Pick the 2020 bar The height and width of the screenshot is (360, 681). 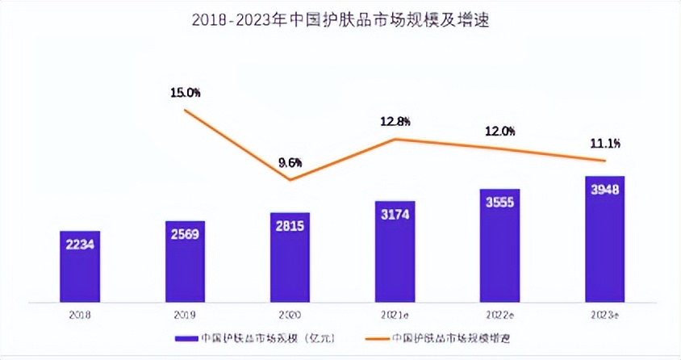click(290, 253)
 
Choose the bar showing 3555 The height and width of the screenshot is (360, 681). click(499, 241)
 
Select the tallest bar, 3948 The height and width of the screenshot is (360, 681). click(604, 235)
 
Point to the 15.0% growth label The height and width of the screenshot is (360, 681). click(185, 93)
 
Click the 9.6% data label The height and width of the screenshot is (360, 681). click(290, 162)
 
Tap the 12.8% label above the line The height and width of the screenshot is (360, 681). click(395, 122)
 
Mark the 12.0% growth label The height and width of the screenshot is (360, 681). click(499, 131)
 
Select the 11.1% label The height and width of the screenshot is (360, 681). click(604, 144)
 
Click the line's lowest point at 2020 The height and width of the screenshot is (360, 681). click(290, 179)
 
